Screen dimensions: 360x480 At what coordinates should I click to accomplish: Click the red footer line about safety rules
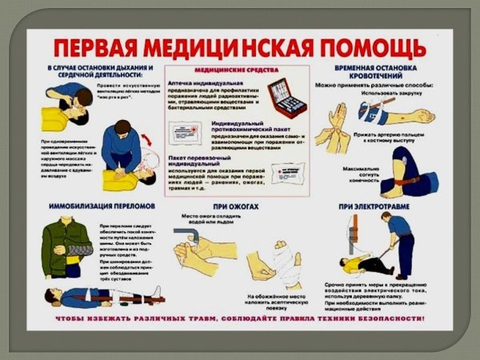point(240,320)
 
